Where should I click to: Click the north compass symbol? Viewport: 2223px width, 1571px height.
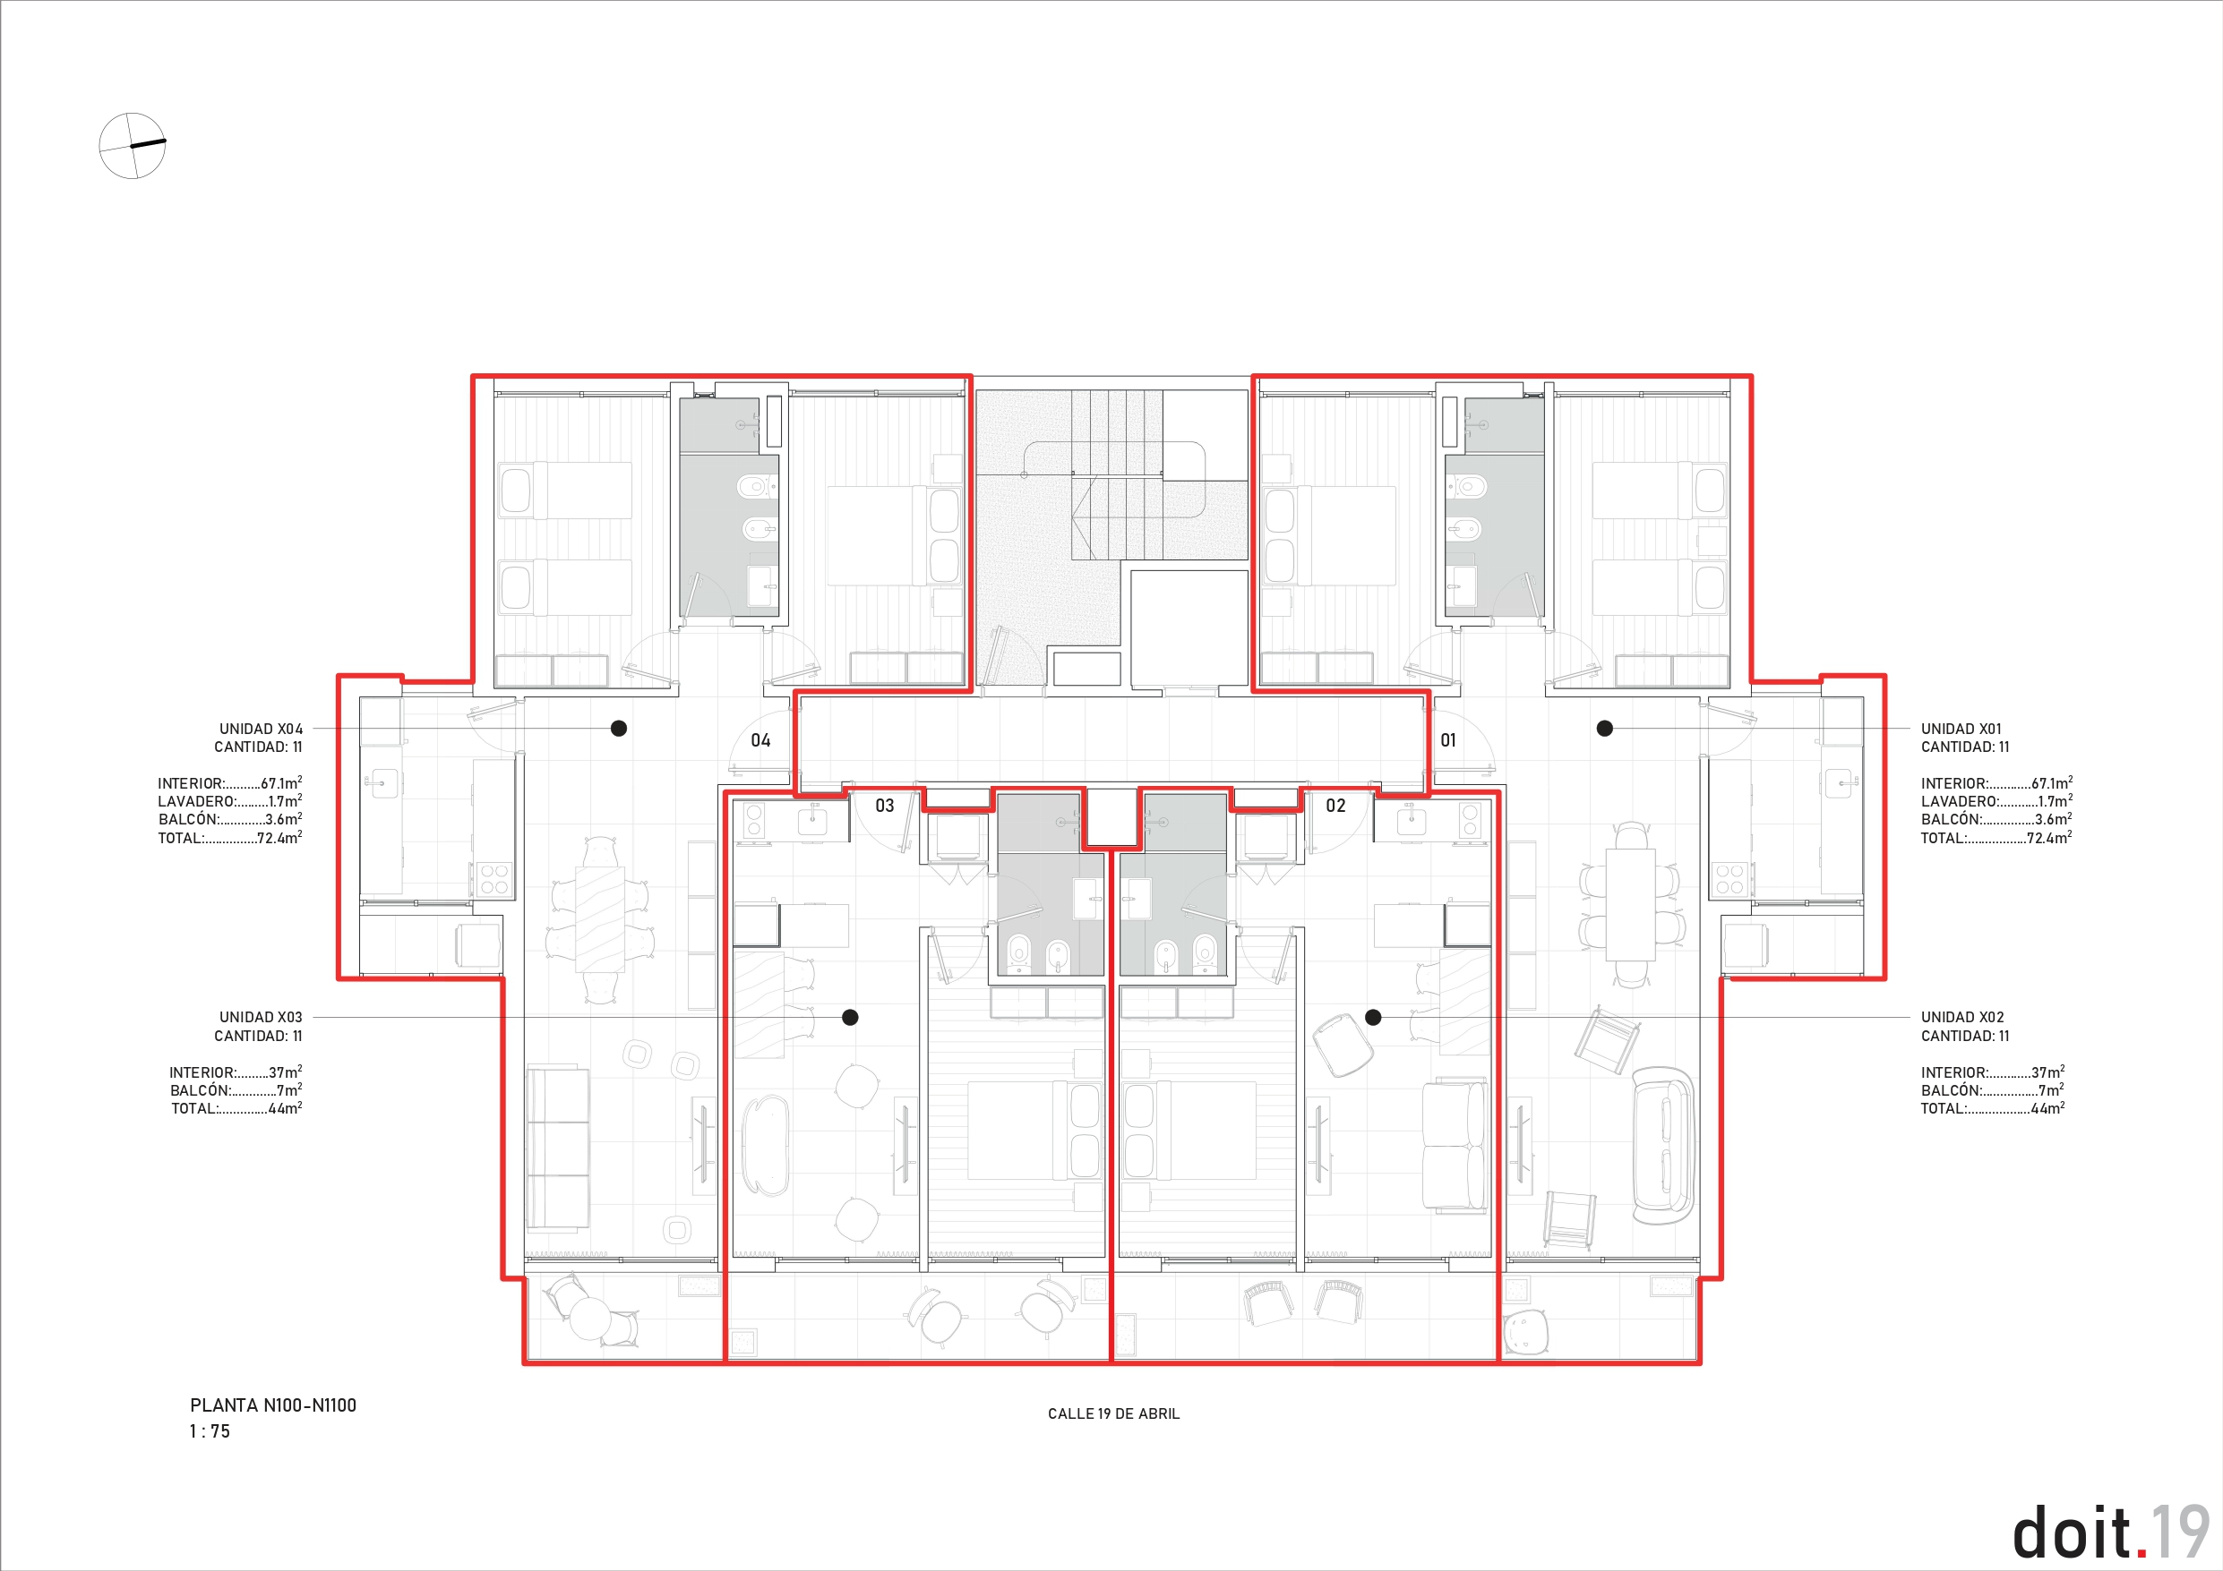point(133,145)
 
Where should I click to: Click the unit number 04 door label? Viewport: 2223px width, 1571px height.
point(761,740)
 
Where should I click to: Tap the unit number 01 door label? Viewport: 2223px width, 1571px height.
point(1448,740)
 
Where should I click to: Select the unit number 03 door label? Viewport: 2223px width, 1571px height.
point(885,806)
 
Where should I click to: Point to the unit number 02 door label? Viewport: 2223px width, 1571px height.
point(1336,806)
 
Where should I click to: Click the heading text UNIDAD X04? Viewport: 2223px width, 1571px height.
point(262,729)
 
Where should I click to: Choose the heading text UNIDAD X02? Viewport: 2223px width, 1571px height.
point(1962,1017)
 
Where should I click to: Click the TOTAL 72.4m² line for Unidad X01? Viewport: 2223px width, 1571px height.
point(1996,838)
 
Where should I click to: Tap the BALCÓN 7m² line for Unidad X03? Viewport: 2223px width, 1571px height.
point(236,1091)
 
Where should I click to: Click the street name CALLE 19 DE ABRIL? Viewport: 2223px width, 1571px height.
point(1113,1414)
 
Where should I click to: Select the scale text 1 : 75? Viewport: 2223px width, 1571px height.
point(210,1431)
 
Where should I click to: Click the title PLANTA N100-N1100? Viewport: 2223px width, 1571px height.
point(273,1405)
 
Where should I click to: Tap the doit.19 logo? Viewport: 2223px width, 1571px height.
point(2111,1533)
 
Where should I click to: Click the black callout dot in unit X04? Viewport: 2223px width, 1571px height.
point(619,728)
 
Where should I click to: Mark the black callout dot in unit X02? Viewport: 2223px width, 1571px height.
point(1373,1017)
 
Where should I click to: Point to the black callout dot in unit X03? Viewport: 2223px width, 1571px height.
point(850,1017)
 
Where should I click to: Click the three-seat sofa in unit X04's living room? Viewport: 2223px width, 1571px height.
point(558,1149)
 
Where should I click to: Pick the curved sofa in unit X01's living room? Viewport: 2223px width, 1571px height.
point(1663,1146)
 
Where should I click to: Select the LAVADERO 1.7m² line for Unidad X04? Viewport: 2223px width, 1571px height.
point(230,801)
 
